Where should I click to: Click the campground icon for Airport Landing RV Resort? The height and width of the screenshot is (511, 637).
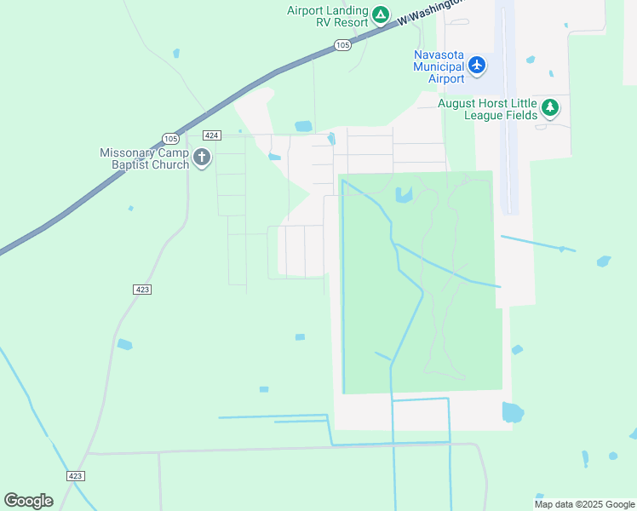click(381, 15)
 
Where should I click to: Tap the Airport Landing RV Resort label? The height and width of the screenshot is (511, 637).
click(327, 15)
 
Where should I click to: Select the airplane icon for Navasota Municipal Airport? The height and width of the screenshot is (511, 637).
click(477, 65)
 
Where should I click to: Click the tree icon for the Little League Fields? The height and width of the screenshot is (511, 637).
click(551, 107)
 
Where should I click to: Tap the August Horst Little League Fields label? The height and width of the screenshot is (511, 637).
click(487, 108)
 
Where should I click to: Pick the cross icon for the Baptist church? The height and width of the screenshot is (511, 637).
click(202, 157)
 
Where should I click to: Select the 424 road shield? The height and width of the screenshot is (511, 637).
click(213, 135)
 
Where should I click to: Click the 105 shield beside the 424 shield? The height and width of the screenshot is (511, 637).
click(169, 138)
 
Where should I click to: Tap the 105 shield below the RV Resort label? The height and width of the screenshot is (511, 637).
click(342, 45)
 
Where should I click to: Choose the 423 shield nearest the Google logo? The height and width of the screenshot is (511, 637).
click(75, 476)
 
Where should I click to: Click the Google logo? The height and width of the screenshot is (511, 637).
click(28, 501)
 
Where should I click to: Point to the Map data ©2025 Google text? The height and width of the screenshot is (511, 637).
click(585, 504)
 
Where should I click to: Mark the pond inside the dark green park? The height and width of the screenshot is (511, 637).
click(404, 195)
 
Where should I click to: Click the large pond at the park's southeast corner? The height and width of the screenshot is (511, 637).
click(513, 412)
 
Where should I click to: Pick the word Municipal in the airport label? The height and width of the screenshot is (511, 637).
click(439, 66)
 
